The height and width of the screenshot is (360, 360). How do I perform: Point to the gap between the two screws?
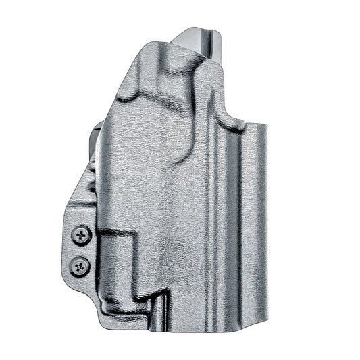pyautogui.click(x=81, y=251)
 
